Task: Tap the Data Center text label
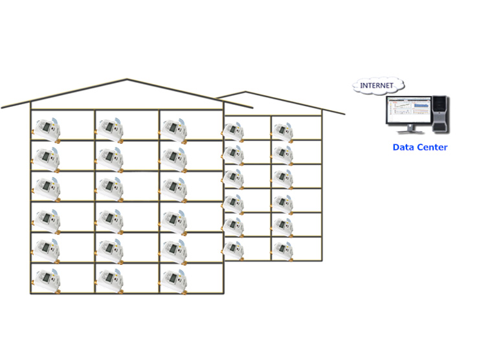(419, 148)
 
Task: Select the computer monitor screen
(408, 111)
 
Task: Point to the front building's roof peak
(127, 80)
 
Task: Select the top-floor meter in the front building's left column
(46, 128)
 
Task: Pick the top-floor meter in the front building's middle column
(109, 128)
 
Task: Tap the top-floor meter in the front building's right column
(173, 128)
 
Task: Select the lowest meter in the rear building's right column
(282, 248)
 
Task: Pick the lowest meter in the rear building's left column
(232, 248)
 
